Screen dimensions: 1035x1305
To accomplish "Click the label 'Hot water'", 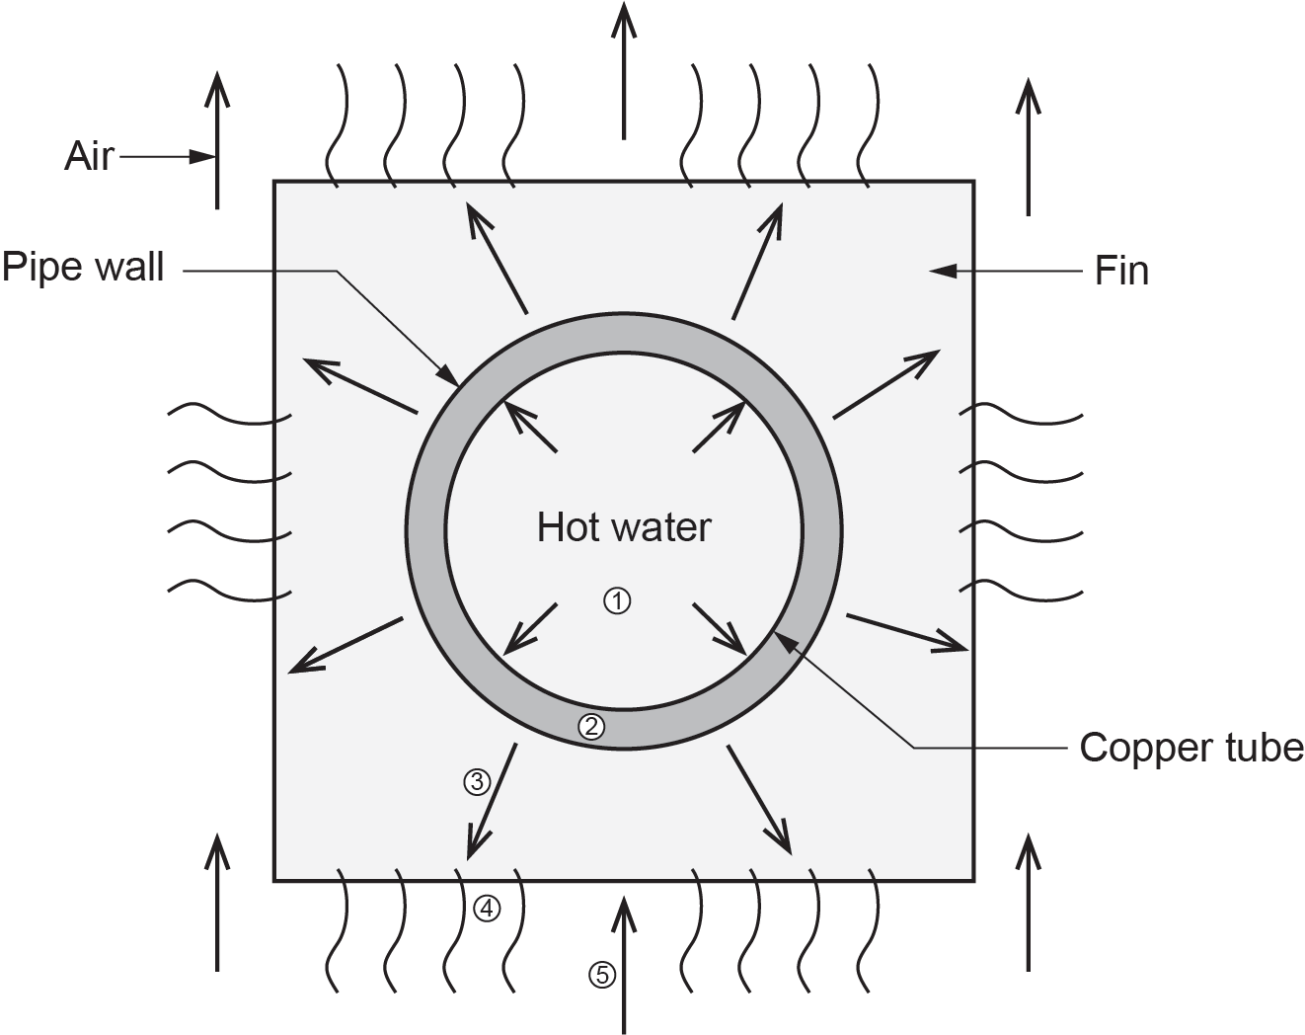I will pos(623,527).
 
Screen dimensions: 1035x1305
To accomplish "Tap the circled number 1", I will pos(617,599).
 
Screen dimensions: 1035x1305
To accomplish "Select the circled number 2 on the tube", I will pos(590,727).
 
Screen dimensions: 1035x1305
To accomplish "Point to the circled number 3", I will pos(477,782).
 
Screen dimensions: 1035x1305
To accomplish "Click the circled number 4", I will pos(487,907).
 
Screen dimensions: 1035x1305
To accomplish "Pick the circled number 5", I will pos(601,976).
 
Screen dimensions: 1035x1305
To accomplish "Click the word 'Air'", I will pos(90,156).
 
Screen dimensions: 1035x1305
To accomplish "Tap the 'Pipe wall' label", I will pos(83,267).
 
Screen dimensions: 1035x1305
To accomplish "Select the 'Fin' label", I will pos(1121,271).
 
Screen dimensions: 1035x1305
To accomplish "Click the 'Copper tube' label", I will pos(1190,748).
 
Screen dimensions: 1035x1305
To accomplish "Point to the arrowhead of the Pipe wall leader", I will pos(450,376).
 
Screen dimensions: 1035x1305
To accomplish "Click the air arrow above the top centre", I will pos(623,69).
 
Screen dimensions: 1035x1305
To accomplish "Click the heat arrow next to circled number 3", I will pos(491,800).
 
